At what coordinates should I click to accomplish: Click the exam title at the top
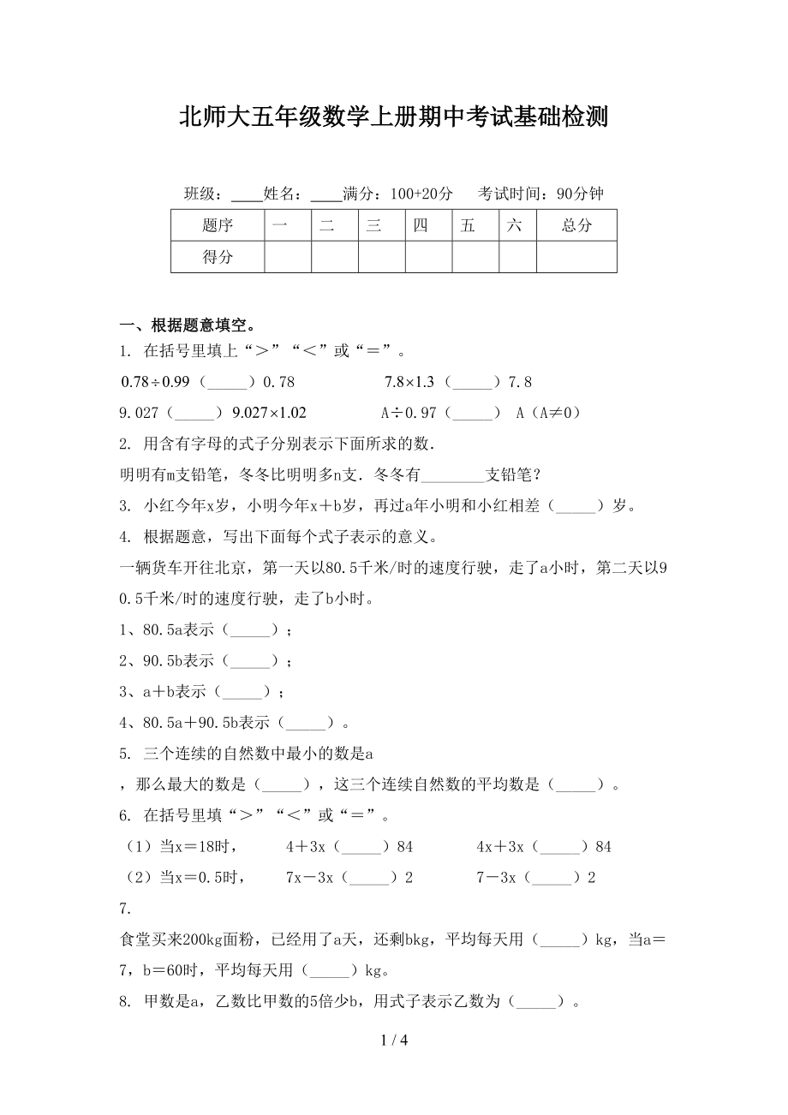pos(393,117)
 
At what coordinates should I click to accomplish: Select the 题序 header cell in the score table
pos(218,226)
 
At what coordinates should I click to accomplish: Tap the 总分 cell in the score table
pos(576,226)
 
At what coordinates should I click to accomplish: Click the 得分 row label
pos(218,257)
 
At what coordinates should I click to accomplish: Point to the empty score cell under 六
pos(517,257)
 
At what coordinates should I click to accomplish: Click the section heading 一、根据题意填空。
pos(188,325)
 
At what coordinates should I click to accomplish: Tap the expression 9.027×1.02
pos(269,412)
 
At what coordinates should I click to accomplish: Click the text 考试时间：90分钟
pos(540,194)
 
